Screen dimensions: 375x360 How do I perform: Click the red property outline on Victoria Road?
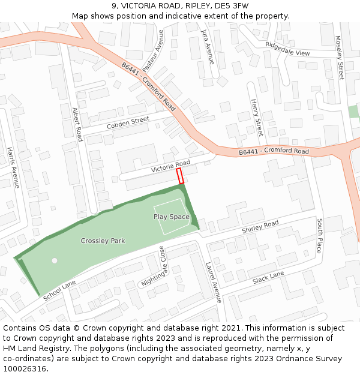180,176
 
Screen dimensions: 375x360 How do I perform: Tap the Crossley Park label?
103,241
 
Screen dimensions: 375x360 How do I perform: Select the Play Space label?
172,217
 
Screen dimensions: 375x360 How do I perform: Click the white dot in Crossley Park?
55,260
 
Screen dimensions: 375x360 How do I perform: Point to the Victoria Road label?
170,166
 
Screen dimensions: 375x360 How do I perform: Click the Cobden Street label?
127,123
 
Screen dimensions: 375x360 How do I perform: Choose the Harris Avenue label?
13,167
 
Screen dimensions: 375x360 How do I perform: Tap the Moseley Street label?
340,58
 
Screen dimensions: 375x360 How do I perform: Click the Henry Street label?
256,117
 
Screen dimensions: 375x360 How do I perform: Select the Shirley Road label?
260,227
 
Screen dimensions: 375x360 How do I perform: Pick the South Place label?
319,236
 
